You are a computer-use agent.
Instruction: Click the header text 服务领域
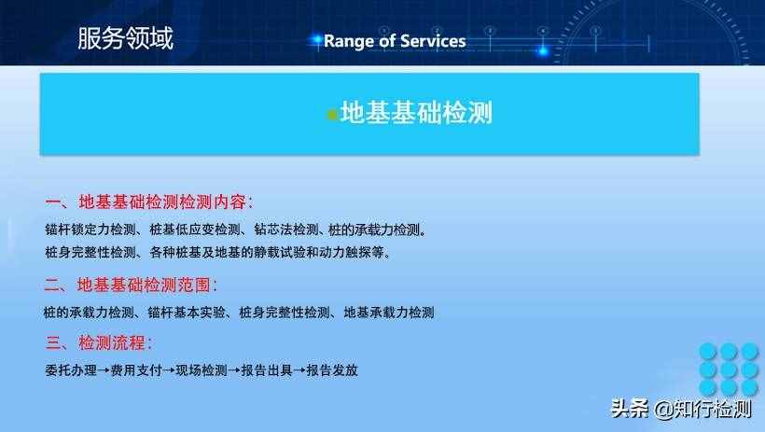coord(125,38)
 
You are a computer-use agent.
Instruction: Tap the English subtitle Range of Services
coord(394,41)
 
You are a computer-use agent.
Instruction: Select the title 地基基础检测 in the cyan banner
coord(415,114)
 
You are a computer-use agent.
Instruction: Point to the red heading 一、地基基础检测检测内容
coord(149,202)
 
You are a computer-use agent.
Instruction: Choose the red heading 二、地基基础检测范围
coord(131,285)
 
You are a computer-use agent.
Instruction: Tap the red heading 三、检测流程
coord(99,341)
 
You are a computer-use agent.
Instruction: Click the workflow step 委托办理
coord(70,369)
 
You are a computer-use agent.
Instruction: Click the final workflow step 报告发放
coord(332,369)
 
